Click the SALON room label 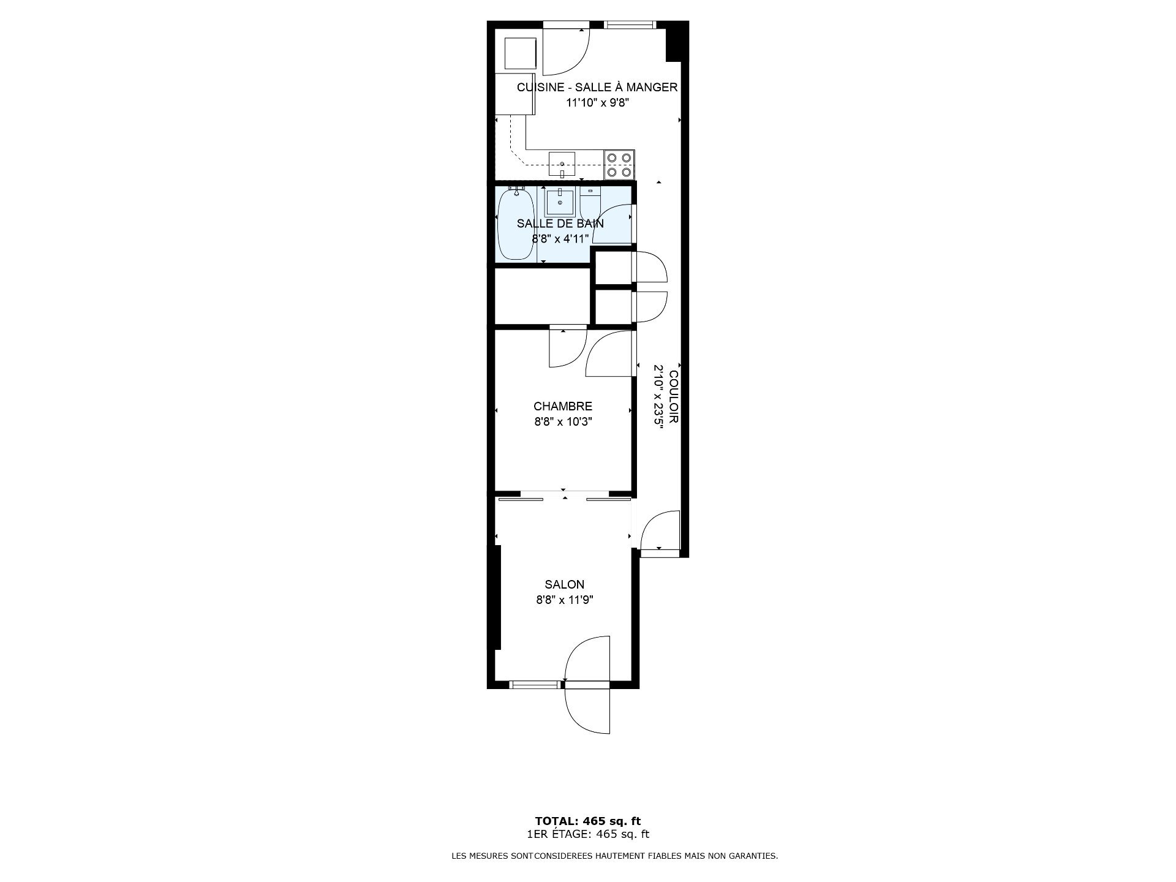tap(564, 584)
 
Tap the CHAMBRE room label tap(563, 406)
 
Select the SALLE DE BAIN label tap(560, 224)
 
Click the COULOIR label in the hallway tap(674, 398)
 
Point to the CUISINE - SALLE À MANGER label tap(597, 87)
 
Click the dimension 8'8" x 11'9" tap(564, 600)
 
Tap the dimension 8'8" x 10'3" tap(563, 422)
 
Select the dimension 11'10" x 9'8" tap(597, 103)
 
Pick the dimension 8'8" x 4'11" tap(560, 239)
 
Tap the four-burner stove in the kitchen tap(619, 165)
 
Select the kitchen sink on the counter tap(562, 164)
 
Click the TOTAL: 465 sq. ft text tap(588, 821)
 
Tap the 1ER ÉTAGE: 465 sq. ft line tap(588, 834)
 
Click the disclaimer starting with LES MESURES tap(614, 856)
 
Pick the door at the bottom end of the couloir tap(660, 530)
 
